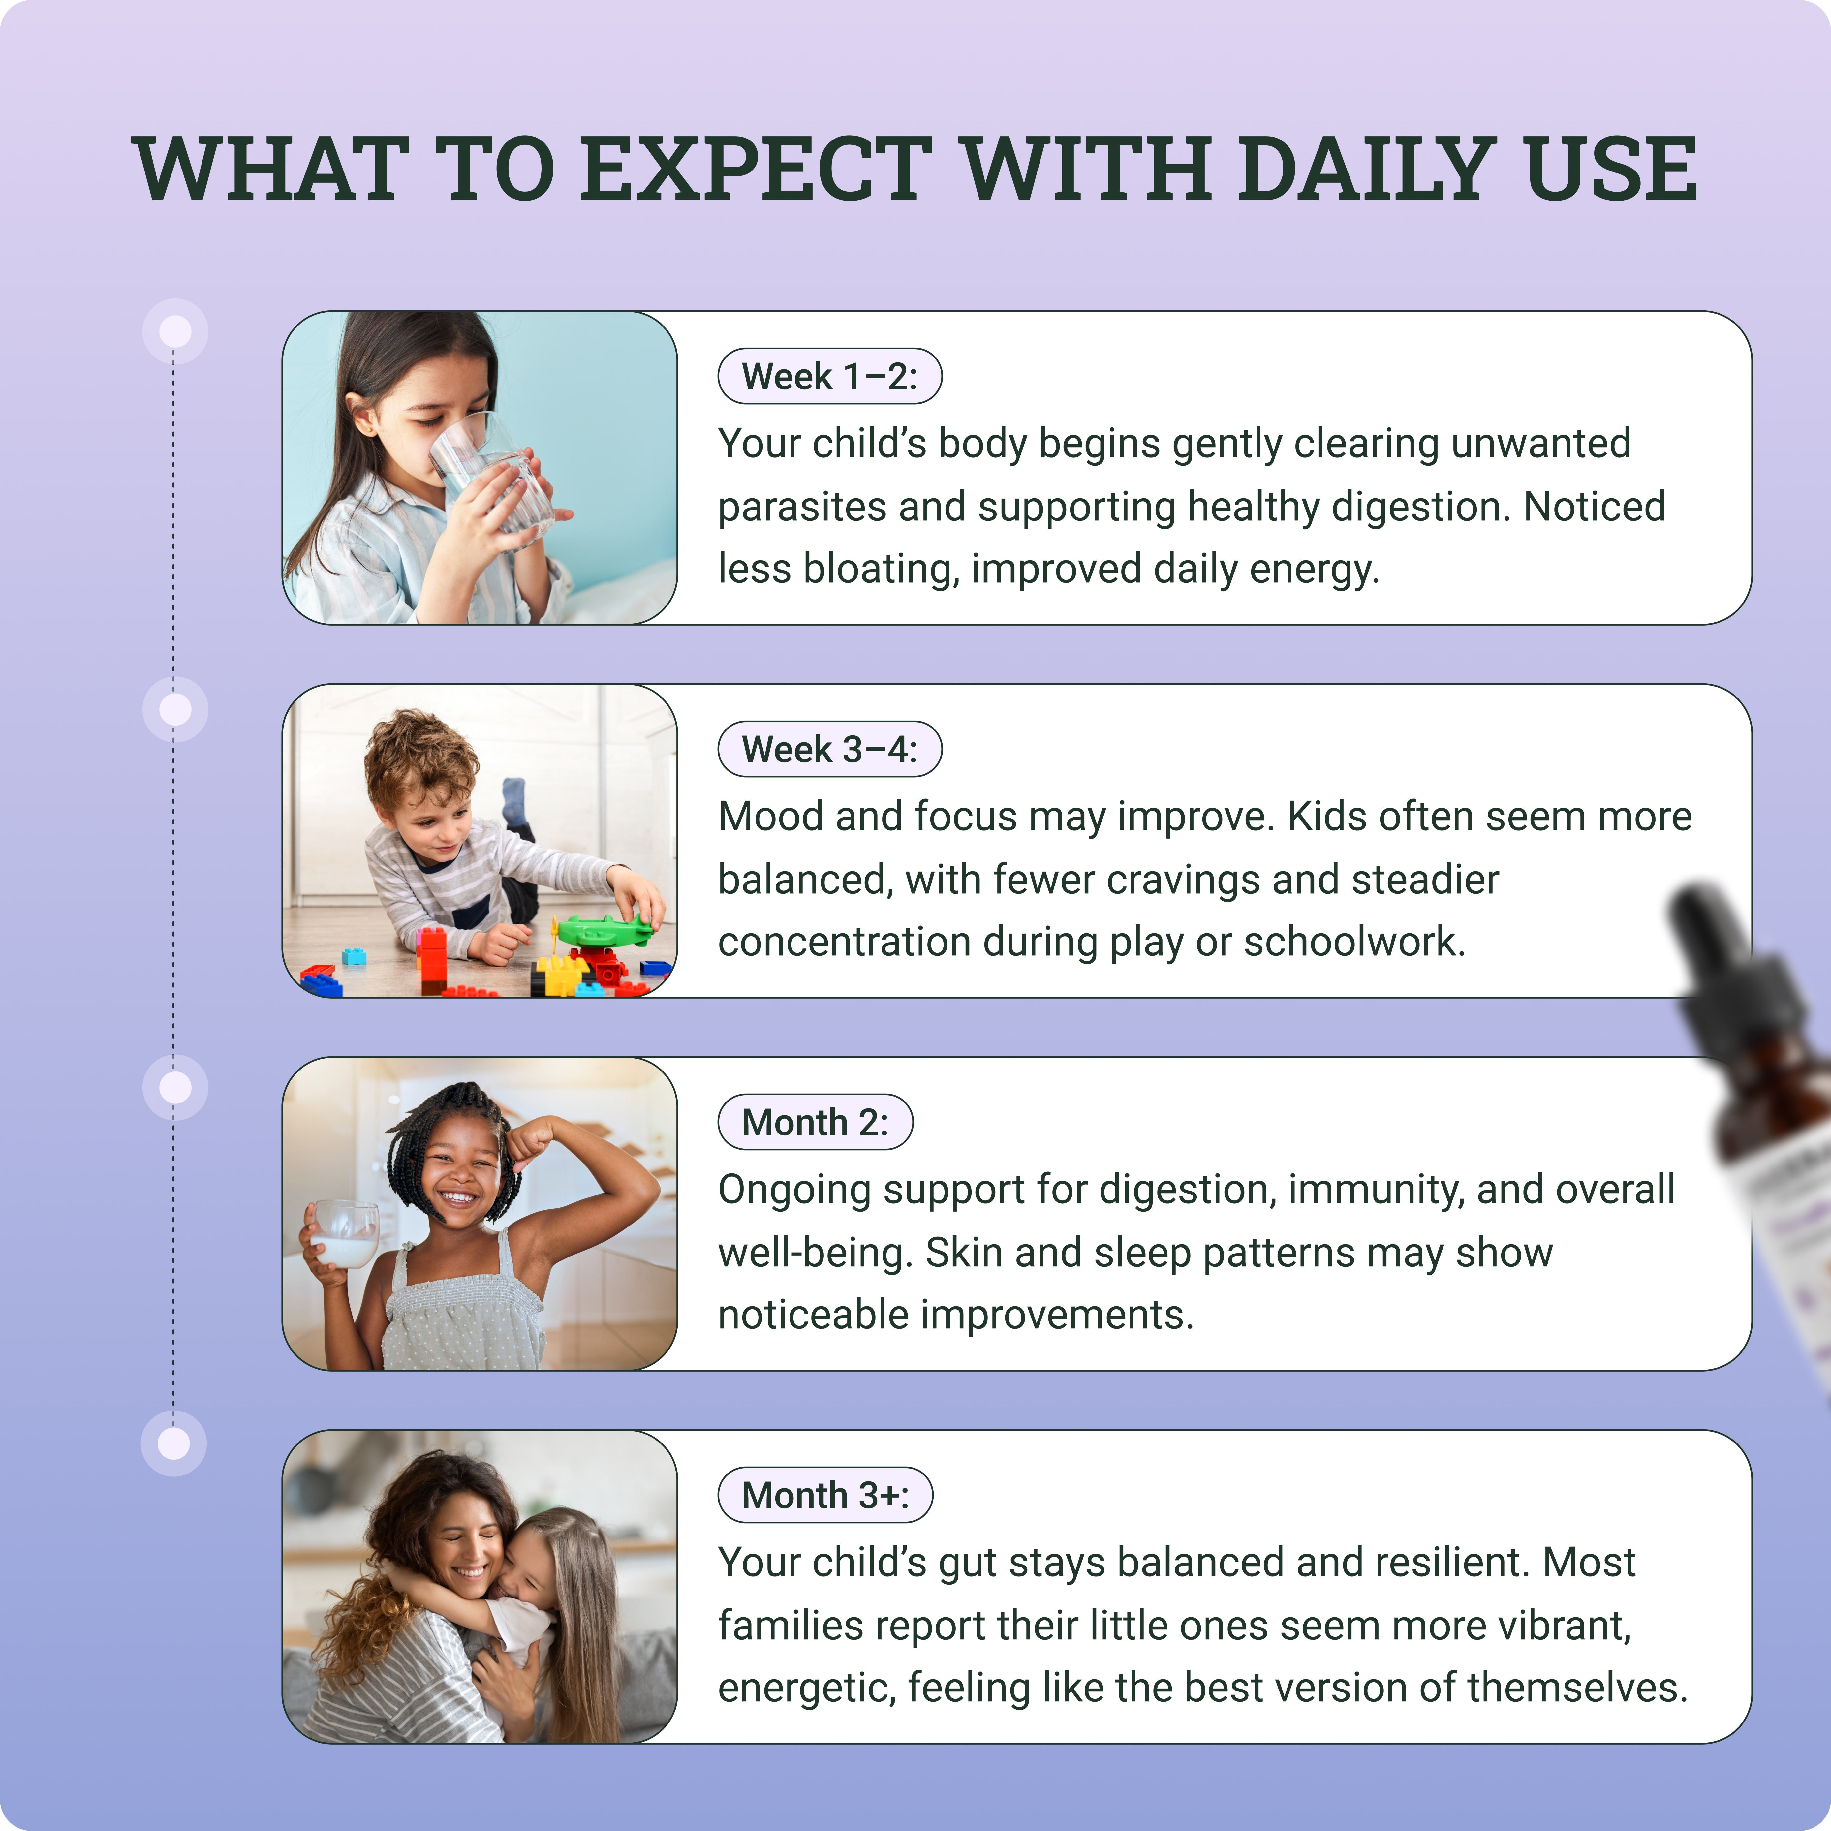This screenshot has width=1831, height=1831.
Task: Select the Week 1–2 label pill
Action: point(829,376)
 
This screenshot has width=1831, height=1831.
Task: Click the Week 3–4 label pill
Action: point(829,750)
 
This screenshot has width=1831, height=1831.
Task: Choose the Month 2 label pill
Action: point(815,1122)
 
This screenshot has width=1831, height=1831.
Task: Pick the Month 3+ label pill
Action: point(824,1496)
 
